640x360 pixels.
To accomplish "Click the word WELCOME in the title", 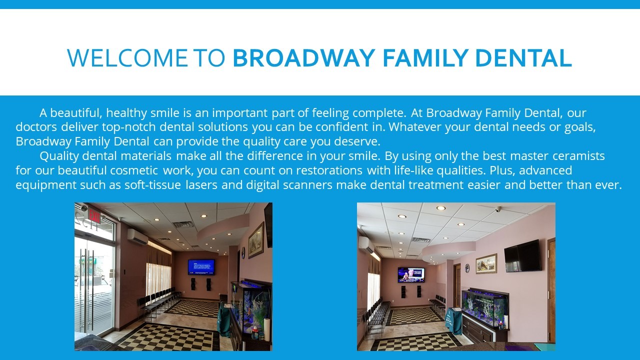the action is click(127, 58).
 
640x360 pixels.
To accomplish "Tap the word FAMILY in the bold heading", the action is click(425, 58).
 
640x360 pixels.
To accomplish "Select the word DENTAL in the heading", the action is click(523, 58).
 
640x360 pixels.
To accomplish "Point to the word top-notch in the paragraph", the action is click(129, 127).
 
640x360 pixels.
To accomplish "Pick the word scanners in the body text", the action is click(307, 185).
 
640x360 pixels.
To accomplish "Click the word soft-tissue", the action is click(152, 185).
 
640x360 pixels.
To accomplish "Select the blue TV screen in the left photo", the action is click(201, 267).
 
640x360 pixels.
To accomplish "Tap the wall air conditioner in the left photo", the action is click(137, 236).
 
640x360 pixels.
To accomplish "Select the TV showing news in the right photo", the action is click(411, 275).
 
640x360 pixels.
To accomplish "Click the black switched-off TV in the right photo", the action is click(523, 256).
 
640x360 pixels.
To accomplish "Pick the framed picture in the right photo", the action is click(486, 263).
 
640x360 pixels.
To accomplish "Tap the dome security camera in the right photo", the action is click(498, 209).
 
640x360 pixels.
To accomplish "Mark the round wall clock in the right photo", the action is click(467, 267).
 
